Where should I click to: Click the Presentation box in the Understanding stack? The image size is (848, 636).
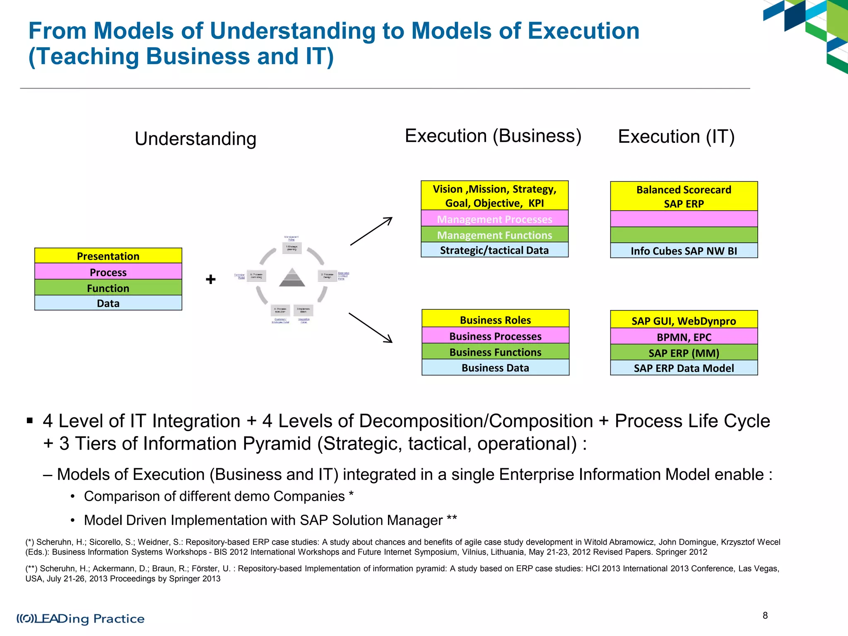coord(108,256)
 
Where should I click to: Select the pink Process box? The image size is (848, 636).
coord(108,272)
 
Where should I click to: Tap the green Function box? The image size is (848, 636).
coord(108,288)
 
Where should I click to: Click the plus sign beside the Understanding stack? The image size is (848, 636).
coord(211,279)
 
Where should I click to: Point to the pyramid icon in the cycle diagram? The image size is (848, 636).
coord(292,277)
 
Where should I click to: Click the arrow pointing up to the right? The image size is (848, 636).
coord(371,231)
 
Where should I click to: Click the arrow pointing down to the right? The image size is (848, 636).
coord(371,328)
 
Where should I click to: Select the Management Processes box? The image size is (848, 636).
coord(494,219)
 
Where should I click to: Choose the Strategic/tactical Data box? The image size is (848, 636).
coord(494,250)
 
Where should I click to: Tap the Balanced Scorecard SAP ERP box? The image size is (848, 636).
coord(684,196)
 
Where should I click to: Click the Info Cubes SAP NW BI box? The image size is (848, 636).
coord(684,251)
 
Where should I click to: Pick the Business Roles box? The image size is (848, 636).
coord(495,319)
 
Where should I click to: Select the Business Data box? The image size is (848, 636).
coord(495,368)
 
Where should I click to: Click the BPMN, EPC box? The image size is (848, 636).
coord(684,337)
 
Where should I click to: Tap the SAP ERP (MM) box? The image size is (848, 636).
coord(684,353)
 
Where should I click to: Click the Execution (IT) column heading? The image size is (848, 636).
coord(676,137)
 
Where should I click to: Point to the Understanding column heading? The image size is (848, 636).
coord(195,139)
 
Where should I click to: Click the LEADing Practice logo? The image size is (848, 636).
coord(81,619)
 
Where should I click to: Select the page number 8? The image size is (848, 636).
coord(765,615)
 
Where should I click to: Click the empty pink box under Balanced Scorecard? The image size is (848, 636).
coord(684,219)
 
